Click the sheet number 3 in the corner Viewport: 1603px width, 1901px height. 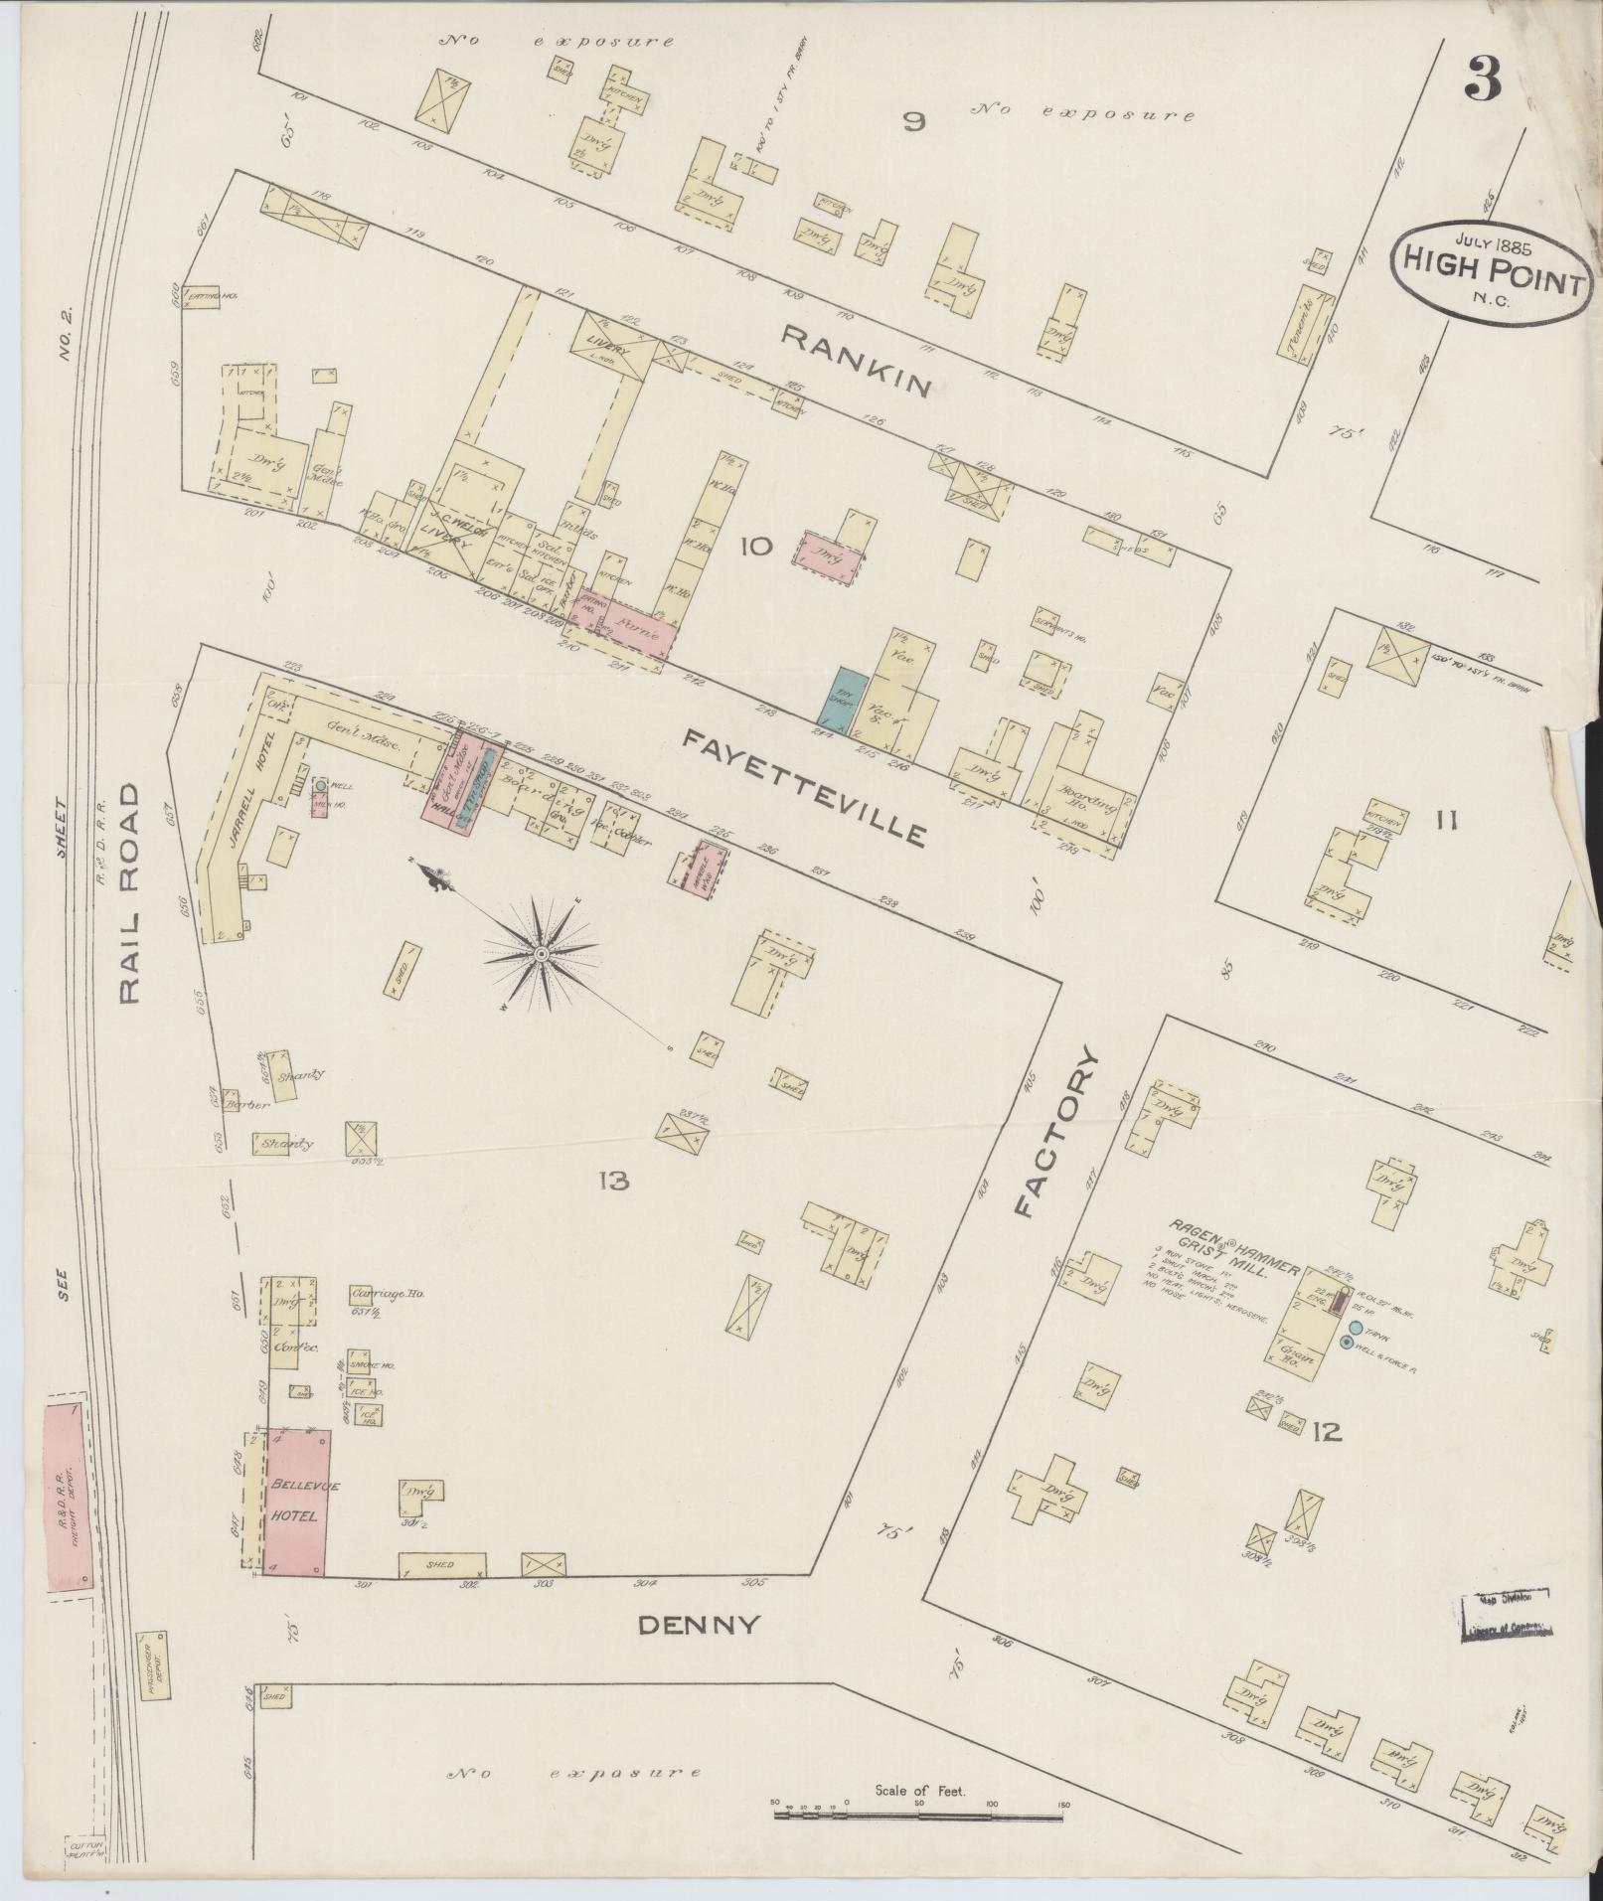click(1482, 79)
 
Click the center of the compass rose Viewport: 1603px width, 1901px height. click(542, 954)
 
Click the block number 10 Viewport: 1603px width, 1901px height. click(754, 546)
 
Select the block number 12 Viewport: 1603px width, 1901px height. click(1327, 1432)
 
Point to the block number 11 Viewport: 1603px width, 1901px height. click(1445, 820)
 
